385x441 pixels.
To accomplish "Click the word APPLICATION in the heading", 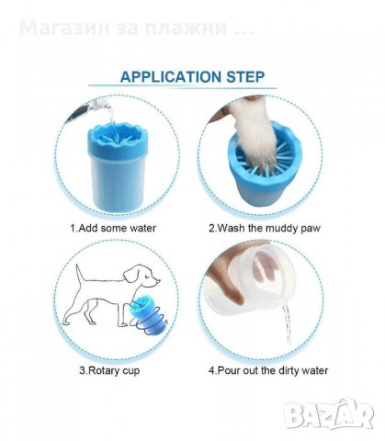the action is [x=170, y=76].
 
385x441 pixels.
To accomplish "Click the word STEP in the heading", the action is [x=245, y=76].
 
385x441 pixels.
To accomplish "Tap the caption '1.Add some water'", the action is [x=113, y=228].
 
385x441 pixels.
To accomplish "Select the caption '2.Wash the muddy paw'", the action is [x=265, y=229].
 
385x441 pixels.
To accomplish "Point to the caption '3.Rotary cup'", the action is [x=109, y=370].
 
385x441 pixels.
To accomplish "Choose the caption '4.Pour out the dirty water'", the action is [x=268, y=370].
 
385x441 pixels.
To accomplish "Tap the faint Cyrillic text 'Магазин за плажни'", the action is [x=123, y=28].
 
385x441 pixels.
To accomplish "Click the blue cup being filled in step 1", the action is [x=118, y=167].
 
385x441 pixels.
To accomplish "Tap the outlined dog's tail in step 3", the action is [x=80, y=274].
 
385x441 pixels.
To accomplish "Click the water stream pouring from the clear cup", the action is [x=287, y=324].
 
